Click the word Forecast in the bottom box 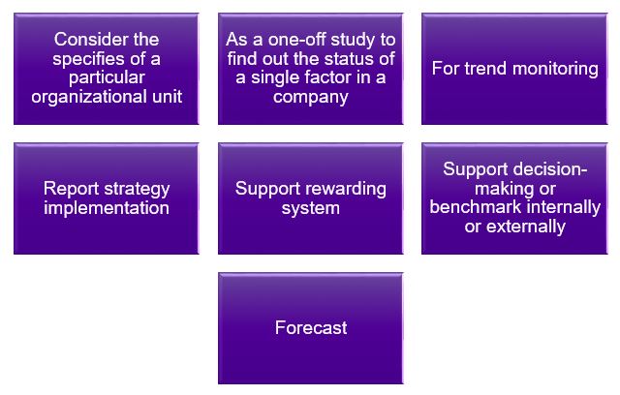tap(310, 328)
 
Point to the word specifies tap(78, 59)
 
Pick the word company tap(310, 98)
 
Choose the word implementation tap(107, 207)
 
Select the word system tap(310, 207)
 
